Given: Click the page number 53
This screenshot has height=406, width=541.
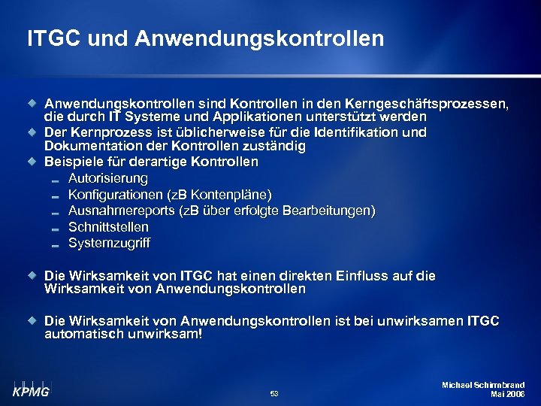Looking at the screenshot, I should (x=274, y=393).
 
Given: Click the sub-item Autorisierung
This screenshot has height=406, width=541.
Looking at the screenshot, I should (x=108, y=179).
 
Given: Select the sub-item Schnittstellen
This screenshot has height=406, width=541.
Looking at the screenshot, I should (x=108, y=226).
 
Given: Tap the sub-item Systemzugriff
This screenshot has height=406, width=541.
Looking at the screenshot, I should (x=109, y=243).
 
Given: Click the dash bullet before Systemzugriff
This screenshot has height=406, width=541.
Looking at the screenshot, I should (x=55, y=244).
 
